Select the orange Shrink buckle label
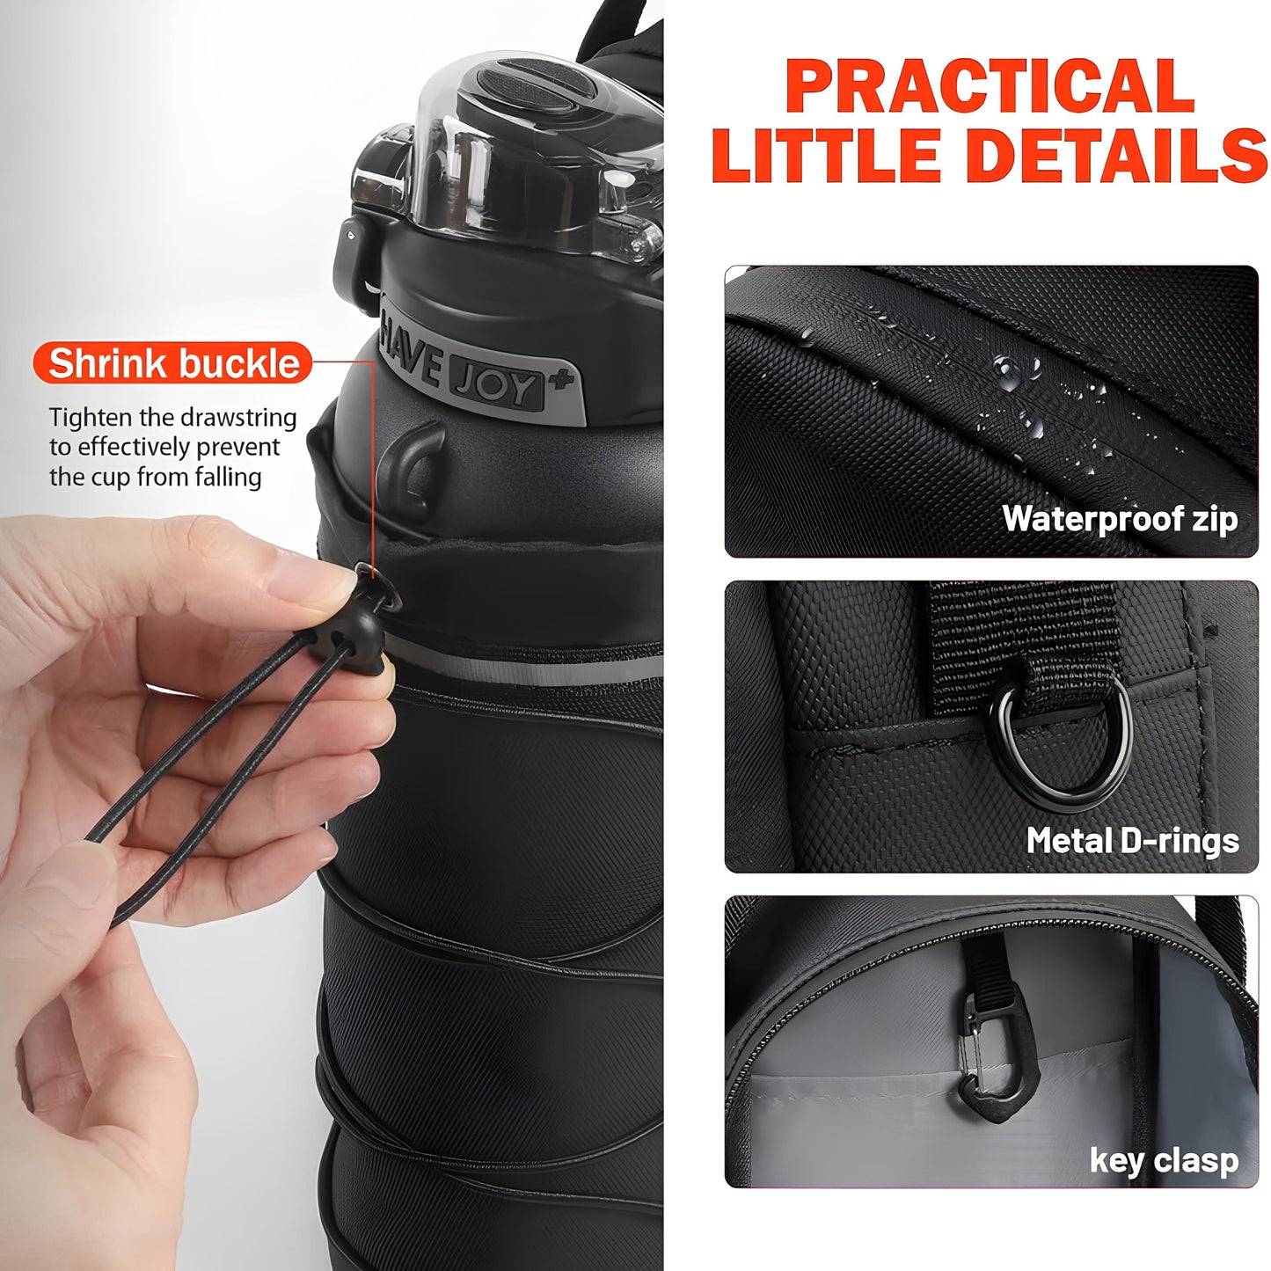pos(173,363)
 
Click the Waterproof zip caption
pos(1120,519)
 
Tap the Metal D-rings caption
pos(1132,841)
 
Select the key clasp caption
pos(1163,1160)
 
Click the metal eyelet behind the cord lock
pos(380,591)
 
